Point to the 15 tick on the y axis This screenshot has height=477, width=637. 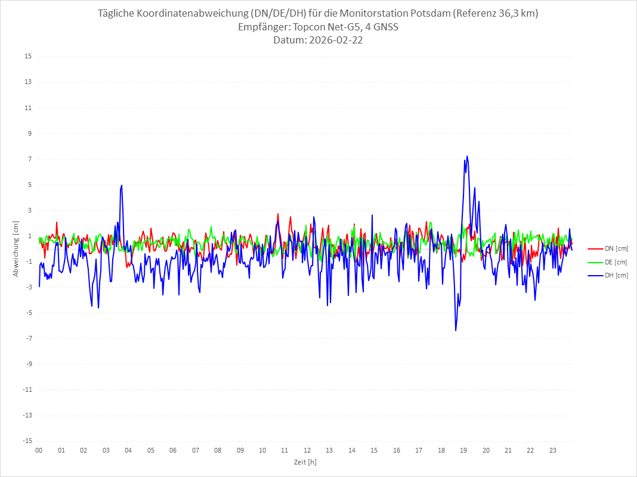[28, 57]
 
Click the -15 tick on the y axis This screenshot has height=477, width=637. [27, 441]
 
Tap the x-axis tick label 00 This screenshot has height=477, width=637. [39, 450]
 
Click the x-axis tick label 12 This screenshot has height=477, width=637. [307, 450]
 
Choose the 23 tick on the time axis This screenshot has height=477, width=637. [553, 450]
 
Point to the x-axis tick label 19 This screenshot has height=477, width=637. [463, 450]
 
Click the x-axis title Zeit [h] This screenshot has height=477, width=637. [305, 462]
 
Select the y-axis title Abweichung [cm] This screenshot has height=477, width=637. [16, 248]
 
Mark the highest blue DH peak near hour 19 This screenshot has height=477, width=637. [467, 156]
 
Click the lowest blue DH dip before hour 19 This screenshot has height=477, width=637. [456, 331]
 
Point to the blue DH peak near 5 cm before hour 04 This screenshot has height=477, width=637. [122, 185]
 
